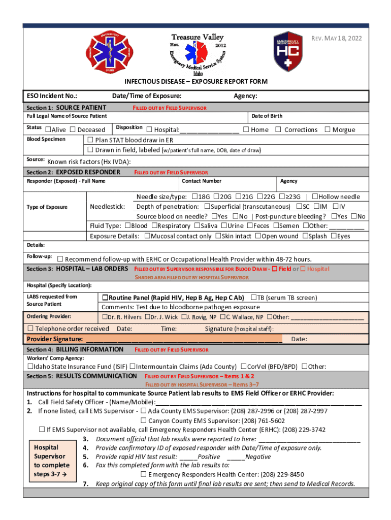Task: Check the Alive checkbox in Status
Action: tap(48, 129)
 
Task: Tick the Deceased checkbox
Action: tap(73, 129)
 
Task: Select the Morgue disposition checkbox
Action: tap(327, 129)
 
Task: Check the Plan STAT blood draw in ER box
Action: tap(90, 140)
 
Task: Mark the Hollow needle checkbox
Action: tap(315, 197)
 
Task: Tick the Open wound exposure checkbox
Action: tap(257, 236)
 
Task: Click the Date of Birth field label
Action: tap(267, 116)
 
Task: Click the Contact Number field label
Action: tap(202, 181)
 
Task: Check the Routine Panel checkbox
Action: tap(105, 298)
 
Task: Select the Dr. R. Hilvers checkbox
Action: tap(104, 317)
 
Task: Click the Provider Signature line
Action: tap(183, 339)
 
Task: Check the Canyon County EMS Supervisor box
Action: tap(144, 420)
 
